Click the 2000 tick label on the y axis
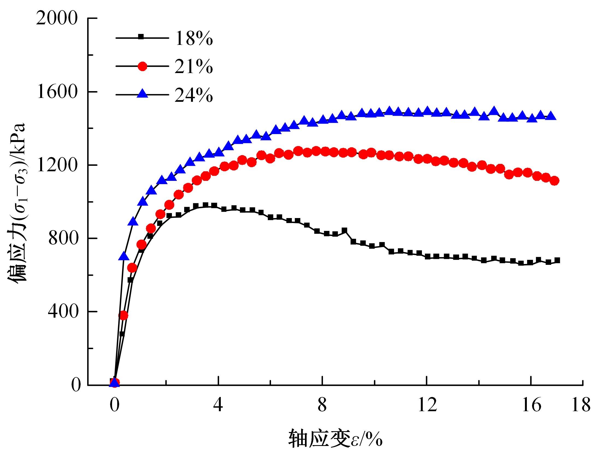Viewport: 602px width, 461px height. (57, 19)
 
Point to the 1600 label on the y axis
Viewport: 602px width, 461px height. (57, 92)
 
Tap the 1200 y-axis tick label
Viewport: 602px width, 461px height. (57, 165)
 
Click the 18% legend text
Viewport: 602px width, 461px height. (194, 38)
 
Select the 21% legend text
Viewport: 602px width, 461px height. (194, 67)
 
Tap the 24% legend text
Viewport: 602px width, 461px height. (194, 95)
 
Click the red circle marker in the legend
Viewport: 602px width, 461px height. (142, 66)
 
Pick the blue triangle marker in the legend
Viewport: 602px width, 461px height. (142, 94)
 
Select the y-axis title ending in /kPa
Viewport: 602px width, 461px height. (17, 203)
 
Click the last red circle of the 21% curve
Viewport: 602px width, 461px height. (554, 181)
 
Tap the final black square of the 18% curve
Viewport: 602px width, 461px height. (557, 260)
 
